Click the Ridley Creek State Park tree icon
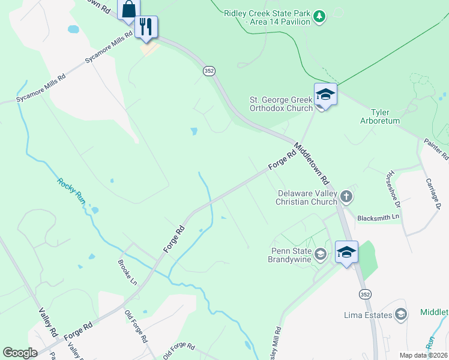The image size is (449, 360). (321, 16)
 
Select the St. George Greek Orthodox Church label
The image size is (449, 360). (282, 104)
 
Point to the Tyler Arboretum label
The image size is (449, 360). (385, 116)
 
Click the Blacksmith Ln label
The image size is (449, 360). (378, 218)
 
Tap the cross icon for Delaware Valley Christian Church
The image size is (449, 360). (346, 196)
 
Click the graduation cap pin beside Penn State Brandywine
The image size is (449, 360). (346, 252)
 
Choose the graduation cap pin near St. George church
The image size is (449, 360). (325, 95)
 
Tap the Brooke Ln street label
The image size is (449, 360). (127, 272)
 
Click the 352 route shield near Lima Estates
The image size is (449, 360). (365, 294)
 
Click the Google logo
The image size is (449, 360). (20, 353)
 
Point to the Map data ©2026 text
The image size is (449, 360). (423, 355)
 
